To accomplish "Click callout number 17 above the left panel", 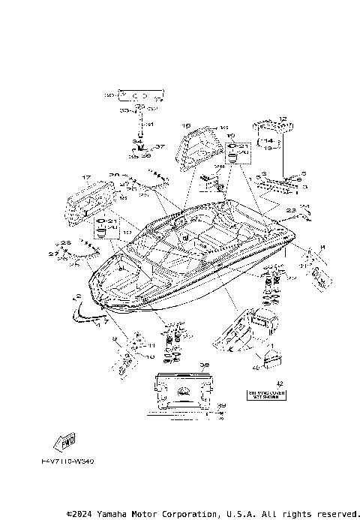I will (86, 178).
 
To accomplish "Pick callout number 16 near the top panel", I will (187, 126).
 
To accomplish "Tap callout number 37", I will (160, 147).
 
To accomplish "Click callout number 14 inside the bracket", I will (267, 140).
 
